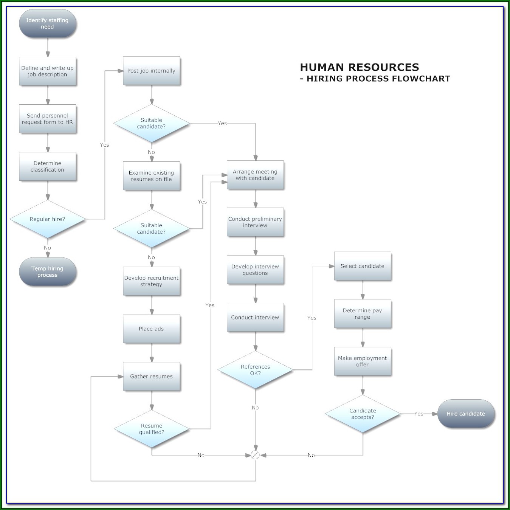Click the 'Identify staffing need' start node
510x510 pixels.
click(x=48, y=23)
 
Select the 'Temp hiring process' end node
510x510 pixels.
click(x=48, y=271)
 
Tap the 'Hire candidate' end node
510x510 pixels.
click(x=466, y=414)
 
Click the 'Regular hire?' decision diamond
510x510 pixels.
click(x=48, y=219)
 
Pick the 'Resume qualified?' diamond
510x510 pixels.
click(x=152, y=429)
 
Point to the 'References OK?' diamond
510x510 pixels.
click(x=255, y=370)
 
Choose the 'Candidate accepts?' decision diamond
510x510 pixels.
click(x=363, y=414)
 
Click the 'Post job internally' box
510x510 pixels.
click(x=151, y=71)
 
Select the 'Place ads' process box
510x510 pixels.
click(x=151, y=329)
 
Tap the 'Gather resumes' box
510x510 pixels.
click(x=151, y=377)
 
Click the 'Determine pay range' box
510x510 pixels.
click(x=363, y=314)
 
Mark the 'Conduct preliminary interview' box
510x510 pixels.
click(x=255, y=222)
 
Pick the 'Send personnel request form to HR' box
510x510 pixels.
click(x=48, y=119)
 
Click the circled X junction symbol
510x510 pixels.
click(x=255, y=455)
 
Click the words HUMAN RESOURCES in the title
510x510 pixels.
click(x=360, y=67)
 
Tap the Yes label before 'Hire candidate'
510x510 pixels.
click(x=419, y=414)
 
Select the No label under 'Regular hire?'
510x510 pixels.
click(x=47, y=248)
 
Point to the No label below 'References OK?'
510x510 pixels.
click(x=255, y=408)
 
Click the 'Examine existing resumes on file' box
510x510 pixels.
click(x=151, y=176)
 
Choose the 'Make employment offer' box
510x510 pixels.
click(x=363, y=361)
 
